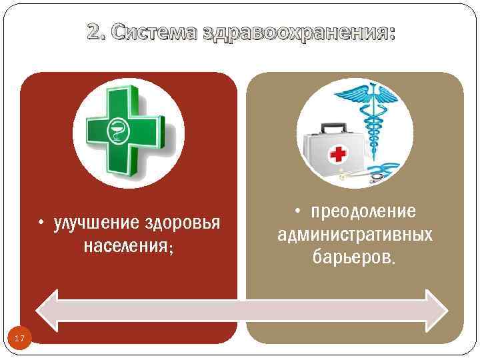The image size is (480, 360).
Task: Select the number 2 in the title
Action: pyautogui.click(x=93, y=32)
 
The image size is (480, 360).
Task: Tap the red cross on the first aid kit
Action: pyautogui.click(x=339, y=155)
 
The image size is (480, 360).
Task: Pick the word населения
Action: pyautogui.click(x=125, y=246)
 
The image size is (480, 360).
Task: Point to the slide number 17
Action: pyautogui.click(x=19, y=339)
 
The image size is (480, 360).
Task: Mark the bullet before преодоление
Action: pyautogui.click(x=300, y=212)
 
